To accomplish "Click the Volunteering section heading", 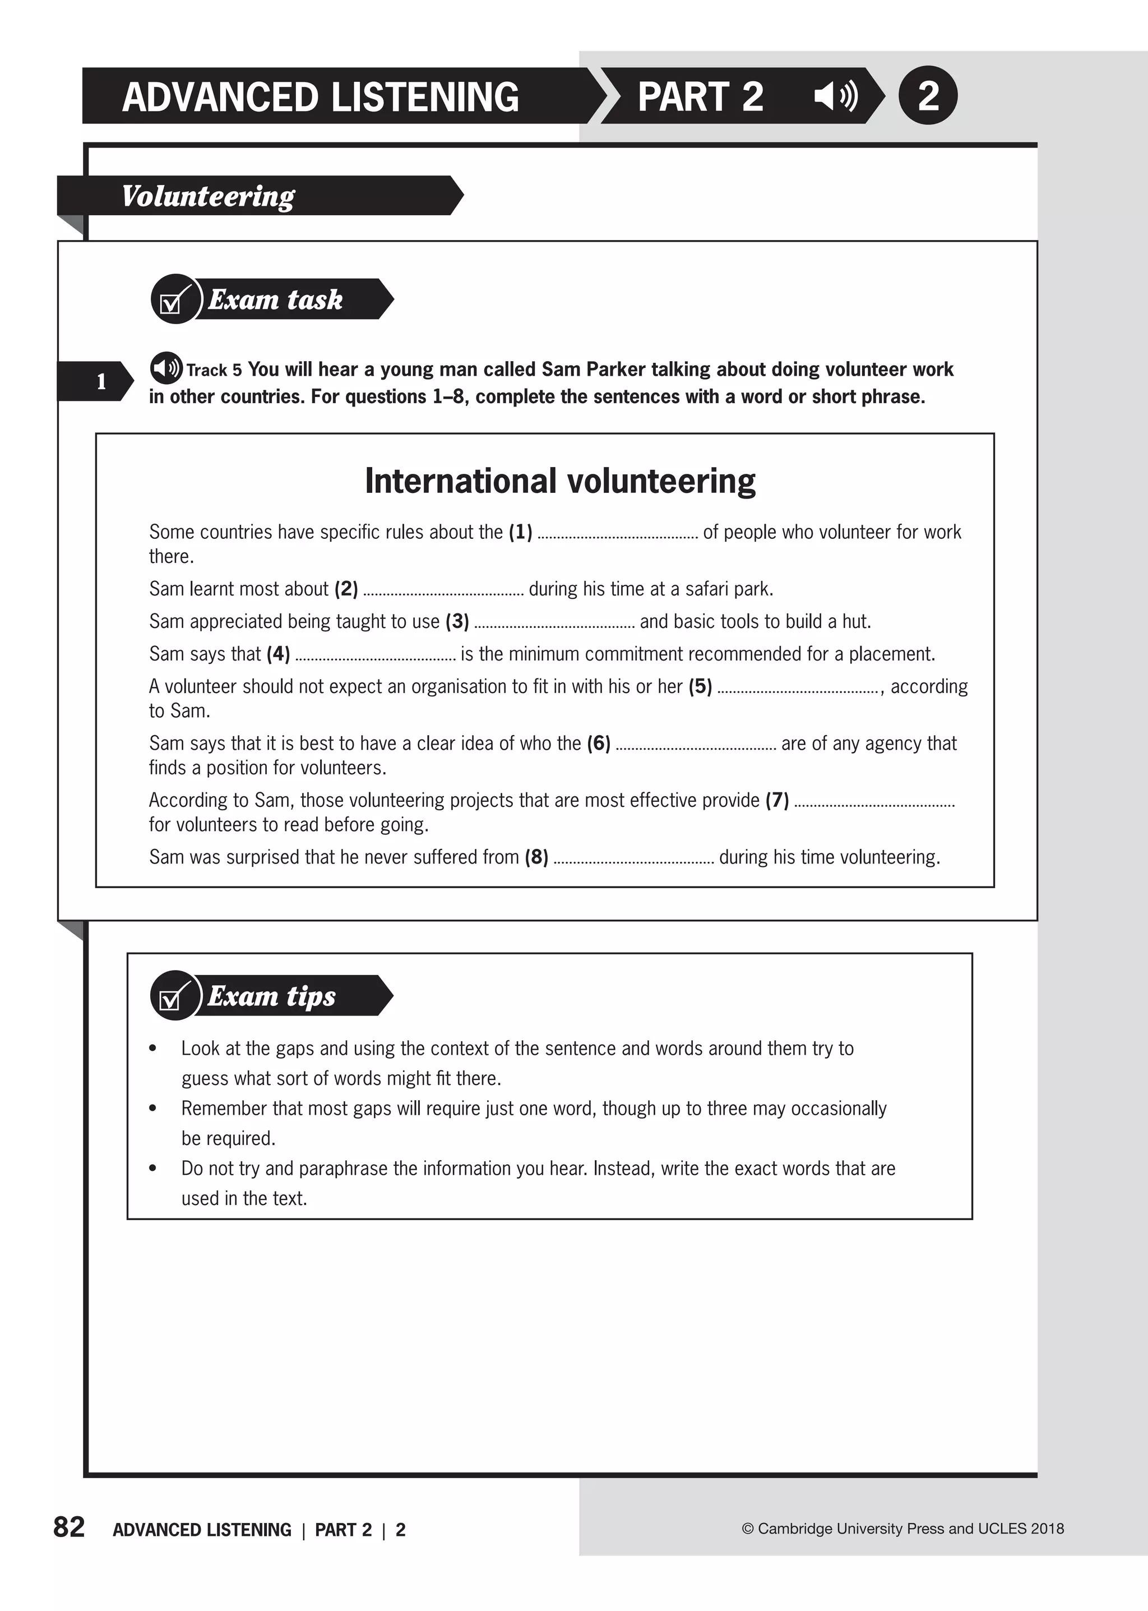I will tap(209, 196).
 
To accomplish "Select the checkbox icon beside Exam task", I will tap(173, 300).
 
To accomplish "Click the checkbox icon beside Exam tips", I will tap(173, 996).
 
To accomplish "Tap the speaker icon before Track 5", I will tap(166, 368).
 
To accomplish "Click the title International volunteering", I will tap(560, 481).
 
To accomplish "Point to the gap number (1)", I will tap(520, 532).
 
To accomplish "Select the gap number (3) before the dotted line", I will tap(457, 621).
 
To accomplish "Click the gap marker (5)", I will tap(700, 686).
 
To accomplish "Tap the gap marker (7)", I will tap(777, 800).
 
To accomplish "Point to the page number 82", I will tap(68, 1527).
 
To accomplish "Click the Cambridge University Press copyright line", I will tap(902, 1528).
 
